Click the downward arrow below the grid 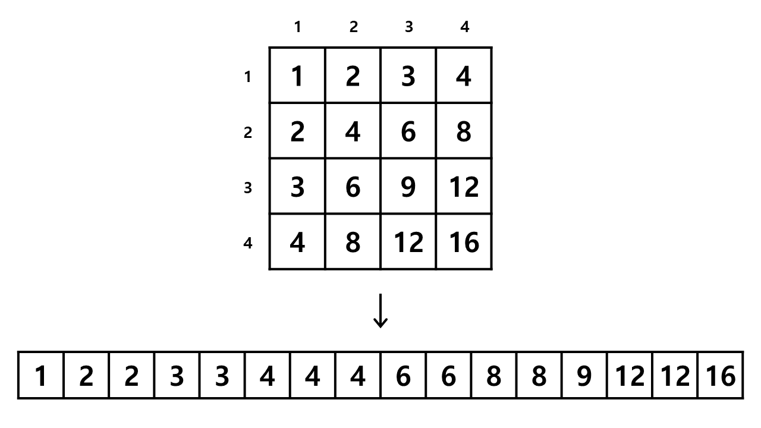click(380, 311)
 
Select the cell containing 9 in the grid click(408, 186)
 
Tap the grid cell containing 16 click(464, 241)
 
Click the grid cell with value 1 click(297, 75)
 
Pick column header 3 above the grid click(408, 27)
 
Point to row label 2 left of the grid click(248, 133)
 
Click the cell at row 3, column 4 click(464, 186)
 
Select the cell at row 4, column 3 click(408, 241)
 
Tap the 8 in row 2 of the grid click(464, 131)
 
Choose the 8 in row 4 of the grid click(353, 241)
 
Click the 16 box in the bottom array click(720, 375)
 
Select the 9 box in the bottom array click(584, 375)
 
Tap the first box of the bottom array click(41, 375)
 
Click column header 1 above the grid click(298, 27)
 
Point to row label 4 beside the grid click(248, 243)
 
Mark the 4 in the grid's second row click(353, 131)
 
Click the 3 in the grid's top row click(408, 75)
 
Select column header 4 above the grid click(465, 27)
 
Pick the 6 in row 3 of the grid click(353, 186)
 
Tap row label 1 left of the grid click(248, 77)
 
